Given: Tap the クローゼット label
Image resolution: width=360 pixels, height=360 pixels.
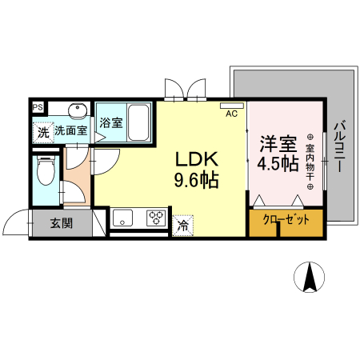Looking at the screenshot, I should (x=286, y=218).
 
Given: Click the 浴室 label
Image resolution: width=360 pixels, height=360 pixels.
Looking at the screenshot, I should (x=111, y=124).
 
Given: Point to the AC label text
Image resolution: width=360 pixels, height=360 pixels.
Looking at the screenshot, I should (x=231, y=114).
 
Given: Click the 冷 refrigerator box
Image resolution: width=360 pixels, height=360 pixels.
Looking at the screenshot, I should (x=183, y=226).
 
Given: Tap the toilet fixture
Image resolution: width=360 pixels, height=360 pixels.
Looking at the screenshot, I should (x=46, y=172).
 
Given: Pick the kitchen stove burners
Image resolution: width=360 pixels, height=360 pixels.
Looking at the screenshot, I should (x=156, y=217).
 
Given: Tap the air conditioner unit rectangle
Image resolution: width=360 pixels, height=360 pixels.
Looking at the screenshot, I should (x=231, y=105).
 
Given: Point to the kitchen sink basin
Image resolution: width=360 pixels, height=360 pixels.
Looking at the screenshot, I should (x=125, y=217).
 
